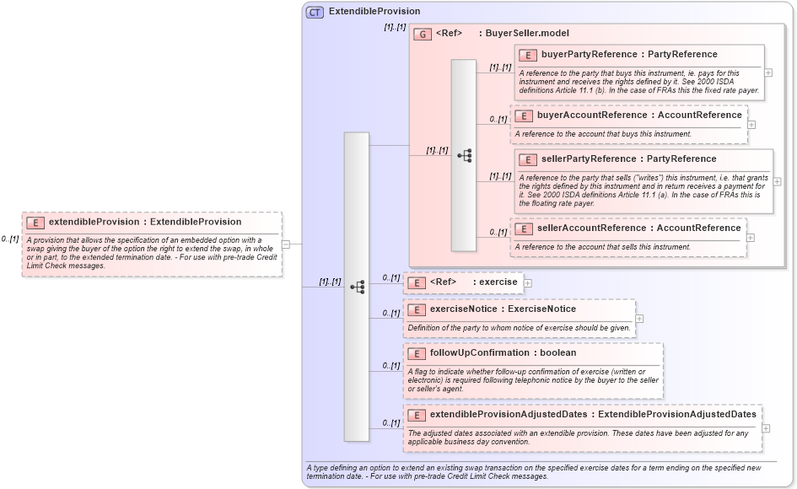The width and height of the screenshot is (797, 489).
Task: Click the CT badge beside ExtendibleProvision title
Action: pyautogui.click(x=315, y=12)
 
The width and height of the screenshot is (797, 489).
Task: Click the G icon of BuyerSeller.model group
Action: pyautogui.click(x=423, y=34)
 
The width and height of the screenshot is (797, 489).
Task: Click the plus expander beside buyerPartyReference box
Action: pyautogui.click(x=768, y=73)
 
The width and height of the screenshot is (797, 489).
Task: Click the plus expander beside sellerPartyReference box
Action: pyautogui.click(x=777, y=181)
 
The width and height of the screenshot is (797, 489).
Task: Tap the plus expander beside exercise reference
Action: pyautogui.click(x=527, y=282)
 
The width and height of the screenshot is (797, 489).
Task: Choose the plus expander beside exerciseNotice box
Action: pyautogui.click(x=639, y=319)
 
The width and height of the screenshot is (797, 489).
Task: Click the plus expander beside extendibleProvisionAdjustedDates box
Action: pyautogui.click(x=766, y=427)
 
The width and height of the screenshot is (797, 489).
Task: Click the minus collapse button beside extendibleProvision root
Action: pyautogui.click(x=286, y=244)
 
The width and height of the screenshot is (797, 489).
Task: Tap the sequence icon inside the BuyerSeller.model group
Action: pyautogui.click(x=464, y=156)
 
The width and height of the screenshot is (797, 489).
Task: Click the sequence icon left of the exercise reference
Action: pyautogui.click(x=357, y=287)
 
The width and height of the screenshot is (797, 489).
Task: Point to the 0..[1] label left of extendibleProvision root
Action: pyautogui.click(x=10, y=239)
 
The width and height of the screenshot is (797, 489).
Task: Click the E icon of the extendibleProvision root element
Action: pyautogui.click(x=35, y=223)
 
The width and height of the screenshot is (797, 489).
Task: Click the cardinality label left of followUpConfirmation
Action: pyautogui.click(x=390, y=366)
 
